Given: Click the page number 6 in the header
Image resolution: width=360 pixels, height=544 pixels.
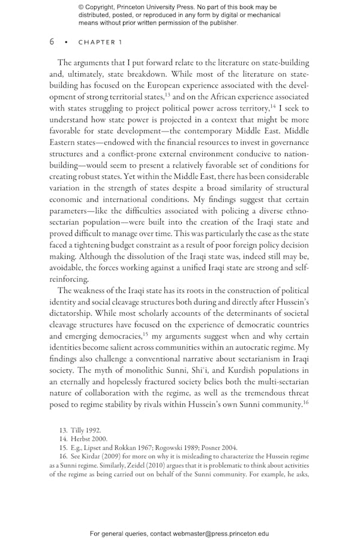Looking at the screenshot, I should click(x=52, y=42).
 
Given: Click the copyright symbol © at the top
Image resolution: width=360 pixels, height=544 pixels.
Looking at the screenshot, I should click(x=81, y=7).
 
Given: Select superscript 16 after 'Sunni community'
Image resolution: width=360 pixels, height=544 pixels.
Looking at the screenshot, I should click(x=305, y=402).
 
